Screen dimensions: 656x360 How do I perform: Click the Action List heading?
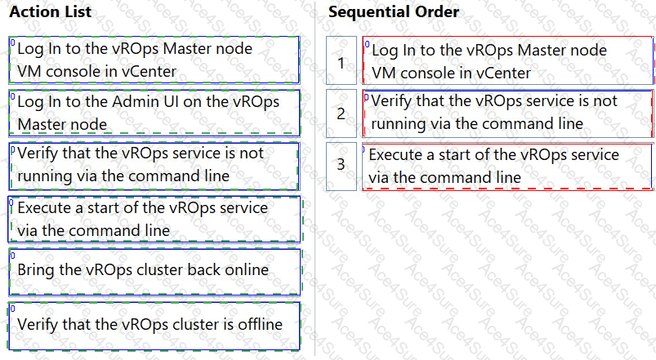pos(50,11)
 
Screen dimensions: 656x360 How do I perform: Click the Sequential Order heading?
pos(393,11)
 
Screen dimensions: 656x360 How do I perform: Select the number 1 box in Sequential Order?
pos(341,60)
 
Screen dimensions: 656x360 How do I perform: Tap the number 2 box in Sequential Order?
pos(341,113)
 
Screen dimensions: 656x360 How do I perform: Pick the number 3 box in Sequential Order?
pos(341,166)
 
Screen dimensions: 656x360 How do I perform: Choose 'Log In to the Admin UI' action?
pos(154,113)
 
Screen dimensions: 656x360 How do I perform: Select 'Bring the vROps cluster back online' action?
pos(154,272)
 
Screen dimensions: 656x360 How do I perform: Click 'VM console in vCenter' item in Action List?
pos(154,60)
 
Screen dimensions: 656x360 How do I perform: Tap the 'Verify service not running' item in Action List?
pos(154,166)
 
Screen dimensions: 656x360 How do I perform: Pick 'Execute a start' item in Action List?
pos(154,219)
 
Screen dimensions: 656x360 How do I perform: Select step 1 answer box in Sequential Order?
pos(507,60)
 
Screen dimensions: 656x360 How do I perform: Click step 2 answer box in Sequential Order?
pos(507,113)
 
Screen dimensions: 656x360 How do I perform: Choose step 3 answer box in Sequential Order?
pos(507,167)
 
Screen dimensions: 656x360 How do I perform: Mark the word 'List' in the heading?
pos(79,11)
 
